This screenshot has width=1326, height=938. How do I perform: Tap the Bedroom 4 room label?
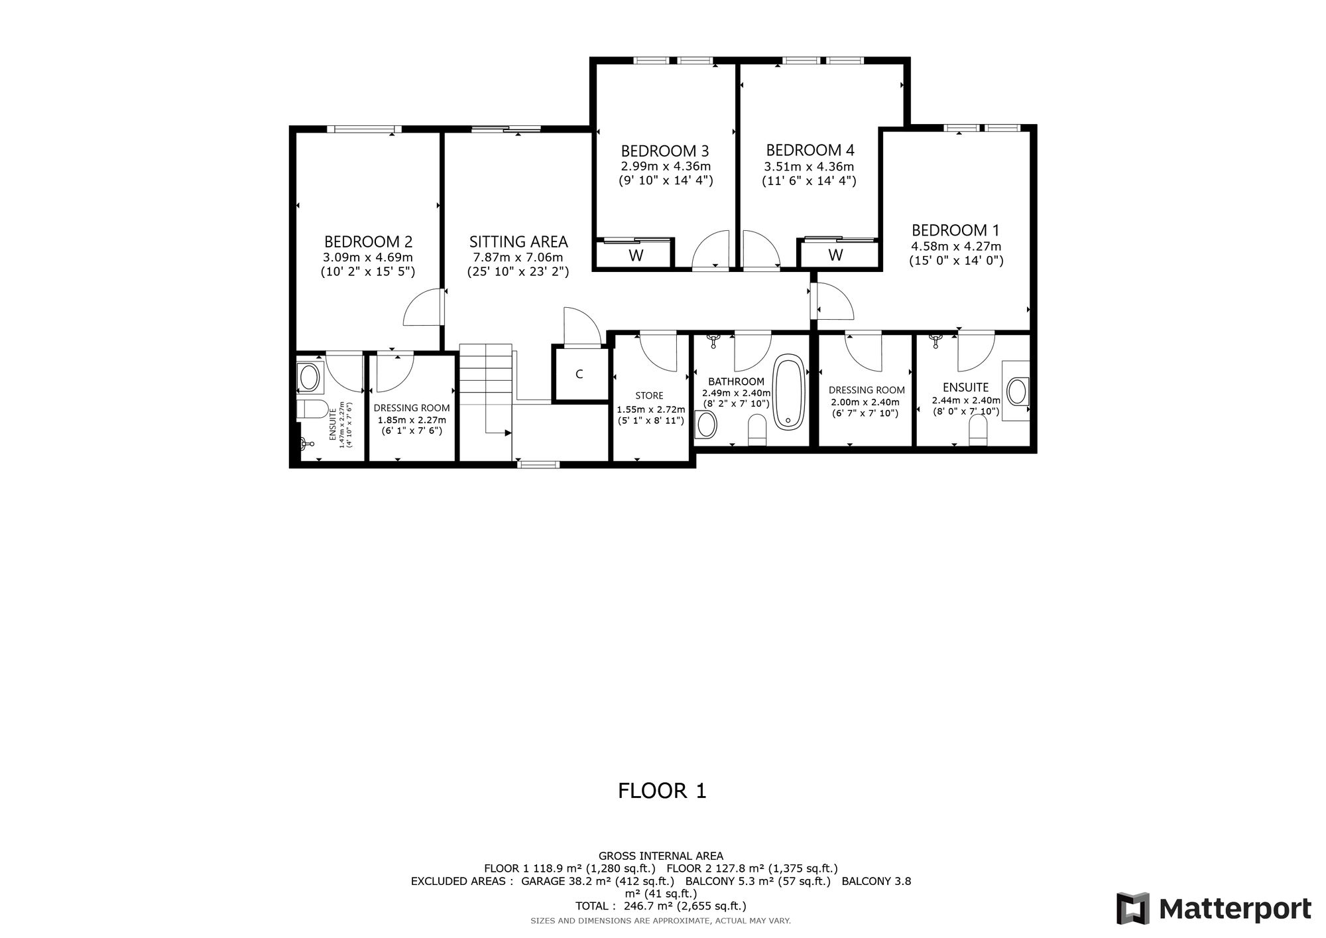pos(810,150)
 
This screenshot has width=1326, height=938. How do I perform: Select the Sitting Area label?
pos(518,241)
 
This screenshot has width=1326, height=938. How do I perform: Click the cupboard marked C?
pos(579,374)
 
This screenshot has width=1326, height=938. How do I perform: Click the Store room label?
pos(649,396)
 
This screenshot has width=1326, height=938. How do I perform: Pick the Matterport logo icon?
pos(1132,908)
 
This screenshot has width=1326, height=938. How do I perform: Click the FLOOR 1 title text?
pos(662,791)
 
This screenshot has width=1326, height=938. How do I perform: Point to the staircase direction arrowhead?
pos(509,433)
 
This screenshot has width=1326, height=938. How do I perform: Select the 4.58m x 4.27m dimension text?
pos(956,247)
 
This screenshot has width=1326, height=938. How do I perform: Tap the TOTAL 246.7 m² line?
pos(661,906)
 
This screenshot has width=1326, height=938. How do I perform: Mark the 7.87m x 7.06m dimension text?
pos(518,257)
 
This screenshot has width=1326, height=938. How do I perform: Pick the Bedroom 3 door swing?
pos(711,250)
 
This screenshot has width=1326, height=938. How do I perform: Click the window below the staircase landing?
pos(538,464)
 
